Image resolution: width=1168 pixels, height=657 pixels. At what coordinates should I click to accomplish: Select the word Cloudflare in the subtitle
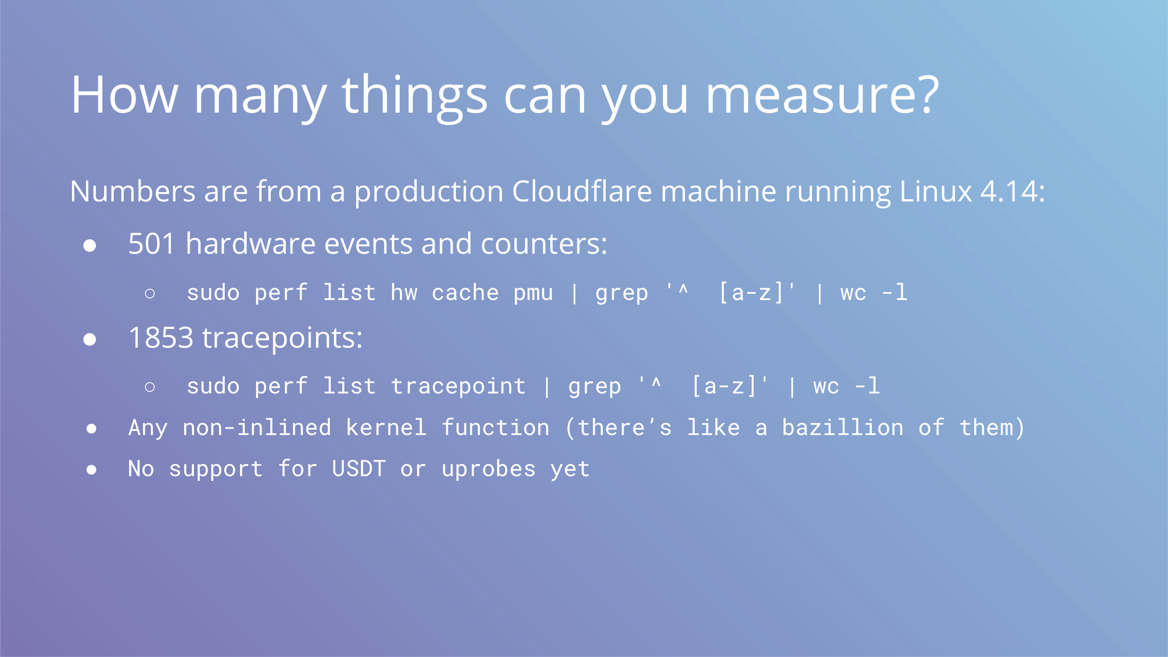582,191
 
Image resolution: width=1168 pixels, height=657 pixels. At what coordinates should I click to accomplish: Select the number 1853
161,337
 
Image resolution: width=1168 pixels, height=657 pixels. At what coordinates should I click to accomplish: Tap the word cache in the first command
465,293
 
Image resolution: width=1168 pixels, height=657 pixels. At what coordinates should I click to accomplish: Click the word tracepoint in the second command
458,386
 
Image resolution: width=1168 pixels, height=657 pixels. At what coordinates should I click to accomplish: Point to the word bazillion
842,428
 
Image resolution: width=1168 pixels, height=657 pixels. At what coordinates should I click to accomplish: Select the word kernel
386,428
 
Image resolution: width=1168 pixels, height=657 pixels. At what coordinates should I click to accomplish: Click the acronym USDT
359,469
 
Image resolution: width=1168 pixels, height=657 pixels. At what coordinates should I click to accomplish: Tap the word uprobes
489,470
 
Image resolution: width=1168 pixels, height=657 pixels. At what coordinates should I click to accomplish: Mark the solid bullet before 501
90,245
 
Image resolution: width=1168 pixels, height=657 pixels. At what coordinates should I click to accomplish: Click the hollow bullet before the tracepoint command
150,387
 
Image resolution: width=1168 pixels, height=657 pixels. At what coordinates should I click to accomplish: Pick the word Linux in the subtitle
935,191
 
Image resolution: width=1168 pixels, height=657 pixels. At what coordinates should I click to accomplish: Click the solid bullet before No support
92,470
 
